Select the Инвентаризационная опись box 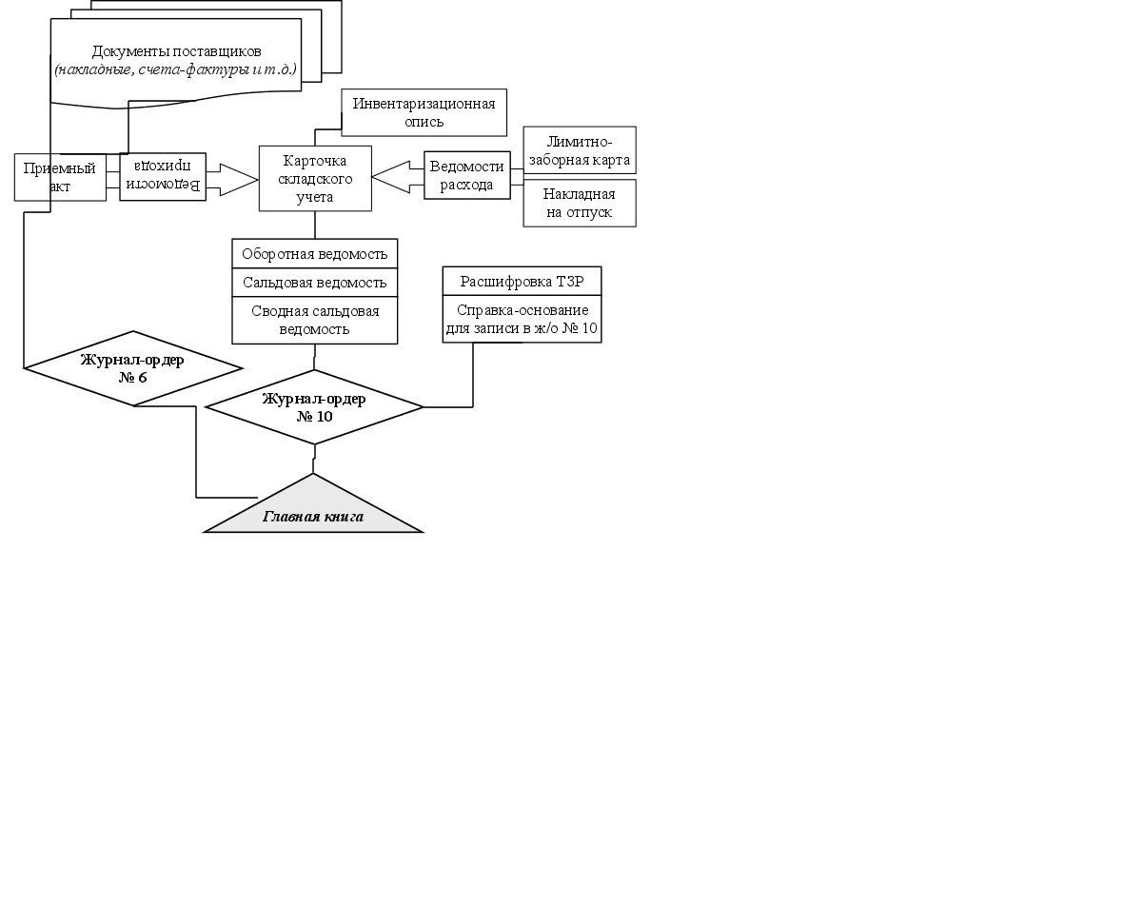tap(424, 112)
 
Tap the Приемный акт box tap(60, 177)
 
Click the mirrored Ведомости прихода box tap(163, 176)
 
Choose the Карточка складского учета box tap(315, 178)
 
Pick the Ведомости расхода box tap(467, 175)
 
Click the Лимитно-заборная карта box tap(579, 150)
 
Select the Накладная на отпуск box tap(579, 203)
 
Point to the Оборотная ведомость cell tap(314, 254)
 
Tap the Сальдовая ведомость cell tap(314, 283)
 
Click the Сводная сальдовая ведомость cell tap(314, 320)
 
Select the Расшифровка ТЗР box tap(522, 281)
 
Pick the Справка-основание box tap(522, 319)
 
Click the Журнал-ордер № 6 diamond tap(133, 368)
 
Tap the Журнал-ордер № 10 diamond tap(314, 407)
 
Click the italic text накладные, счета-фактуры tap(175, 69)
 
